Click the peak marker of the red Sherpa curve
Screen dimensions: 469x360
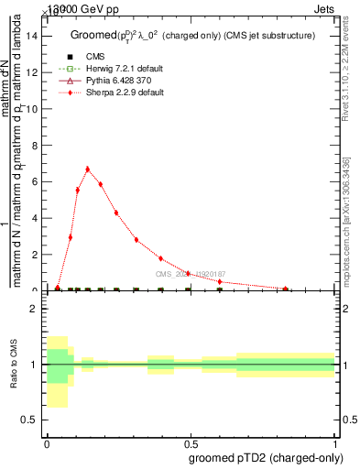88,169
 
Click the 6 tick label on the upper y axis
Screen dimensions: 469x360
34,181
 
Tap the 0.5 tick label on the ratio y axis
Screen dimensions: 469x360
29,420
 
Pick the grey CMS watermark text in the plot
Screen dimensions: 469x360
189,273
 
